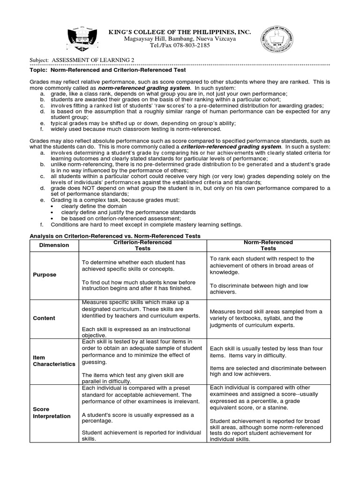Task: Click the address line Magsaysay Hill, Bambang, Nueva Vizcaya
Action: (x=180, y=39)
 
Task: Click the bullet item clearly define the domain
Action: (x=94, y=206)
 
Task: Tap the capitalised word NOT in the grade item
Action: (x=76, y=188)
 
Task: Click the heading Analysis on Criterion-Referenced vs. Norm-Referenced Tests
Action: (x=115, y=236)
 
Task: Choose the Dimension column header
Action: (x=54, y=245)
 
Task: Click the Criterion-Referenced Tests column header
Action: (x=142, y=245)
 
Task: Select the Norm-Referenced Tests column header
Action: (x=269, y=245)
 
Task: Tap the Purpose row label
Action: (x=45, y=275)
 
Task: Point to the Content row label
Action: (x=44, y=318)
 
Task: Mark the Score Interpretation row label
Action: (x=52, y=412)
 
